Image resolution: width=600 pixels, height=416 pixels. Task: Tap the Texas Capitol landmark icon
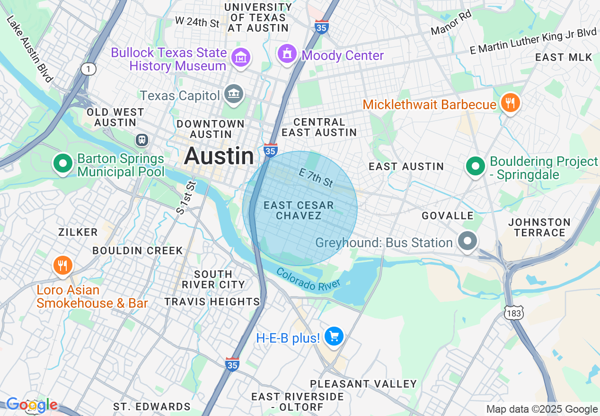coord(233,95)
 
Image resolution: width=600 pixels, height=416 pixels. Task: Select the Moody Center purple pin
coord(287,54)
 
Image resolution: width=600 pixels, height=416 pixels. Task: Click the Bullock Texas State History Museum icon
coord(241,57)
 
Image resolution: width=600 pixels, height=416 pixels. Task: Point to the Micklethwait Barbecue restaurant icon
coord(510,103)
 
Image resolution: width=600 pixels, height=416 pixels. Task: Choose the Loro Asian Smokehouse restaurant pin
coord(62,265)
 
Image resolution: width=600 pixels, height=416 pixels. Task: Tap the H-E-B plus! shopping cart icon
coord(334,337)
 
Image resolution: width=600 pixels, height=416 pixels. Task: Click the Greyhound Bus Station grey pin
coord(468,241)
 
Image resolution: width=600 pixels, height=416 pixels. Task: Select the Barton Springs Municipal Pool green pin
coord(62,164)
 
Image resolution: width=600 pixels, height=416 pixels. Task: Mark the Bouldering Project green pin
coord(476,166)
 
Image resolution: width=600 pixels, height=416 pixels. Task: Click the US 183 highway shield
coord(513,314)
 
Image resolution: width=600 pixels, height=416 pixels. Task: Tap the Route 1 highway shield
coord(88,69)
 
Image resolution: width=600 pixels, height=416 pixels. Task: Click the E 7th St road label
coord(316,178)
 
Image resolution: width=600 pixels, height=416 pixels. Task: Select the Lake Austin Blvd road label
coord(29,48)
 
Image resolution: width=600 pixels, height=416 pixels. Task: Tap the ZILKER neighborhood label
coord(78,232)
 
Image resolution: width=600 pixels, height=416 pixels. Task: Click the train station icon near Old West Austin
coord(141,140)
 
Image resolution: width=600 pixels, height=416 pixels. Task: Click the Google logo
coord(32,405)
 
